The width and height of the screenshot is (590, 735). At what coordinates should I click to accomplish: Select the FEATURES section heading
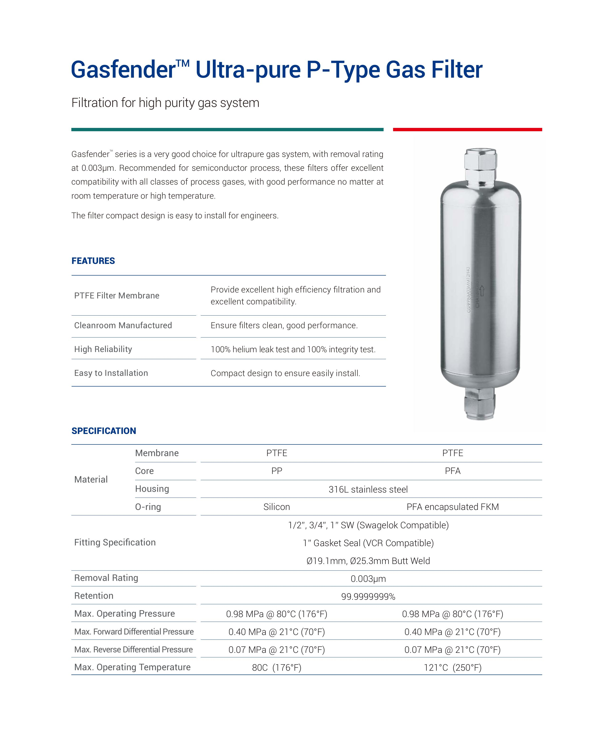coord(93,261)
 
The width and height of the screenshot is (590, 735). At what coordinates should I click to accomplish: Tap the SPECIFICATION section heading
coord(103,431)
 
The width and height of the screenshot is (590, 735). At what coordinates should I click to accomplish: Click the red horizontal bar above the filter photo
coord(467,130)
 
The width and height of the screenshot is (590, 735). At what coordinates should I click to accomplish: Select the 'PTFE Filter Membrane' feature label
coord(117,296)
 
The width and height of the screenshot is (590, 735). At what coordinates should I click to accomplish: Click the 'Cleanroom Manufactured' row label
coord(123,326)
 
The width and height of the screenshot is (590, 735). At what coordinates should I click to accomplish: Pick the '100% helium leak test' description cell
coord(293,349)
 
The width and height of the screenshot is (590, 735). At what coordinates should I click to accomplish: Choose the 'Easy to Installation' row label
coord(111,373)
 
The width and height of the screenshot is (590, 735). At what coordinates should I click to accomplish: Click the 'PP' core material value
coord(276,471)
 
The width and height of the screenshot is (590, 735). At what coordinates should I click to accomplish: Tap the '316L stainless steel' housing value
coord(368,489)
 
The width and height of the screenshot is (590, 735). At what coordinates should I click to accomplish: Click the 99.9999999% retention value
coord(368,597)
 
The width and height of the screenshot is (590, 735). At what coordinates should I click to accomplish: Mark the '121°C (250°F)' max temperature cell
coord(453,668)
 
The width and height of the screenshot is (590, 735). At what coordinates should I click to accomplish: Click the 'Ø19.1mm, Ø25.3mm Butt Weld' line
coord(368,561)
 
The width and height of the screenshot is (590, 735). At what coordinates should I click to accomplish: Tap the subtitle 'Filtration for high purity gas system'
coord(165,103)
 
